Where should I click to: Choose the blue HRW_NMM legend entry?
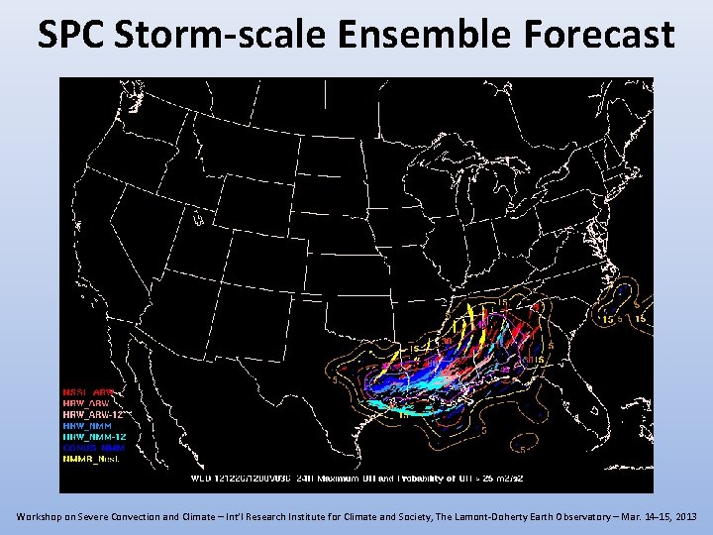tap(89, 424)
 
